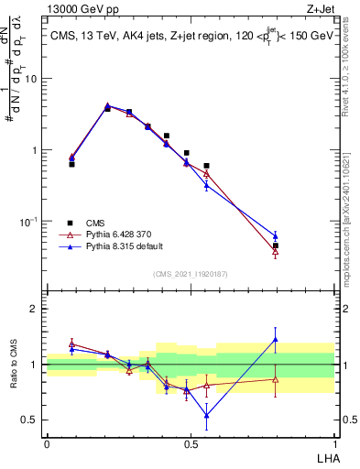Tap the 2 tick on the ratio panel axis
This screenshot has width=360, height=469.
pos(35,309)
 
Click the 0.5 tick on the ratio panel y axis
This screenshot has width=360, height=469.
pos(31,420)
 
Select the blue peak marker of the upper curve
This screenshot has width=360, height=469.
pos(107,105)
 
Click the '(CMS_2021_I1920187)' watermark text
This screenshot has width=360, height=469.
pos(190,273)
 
